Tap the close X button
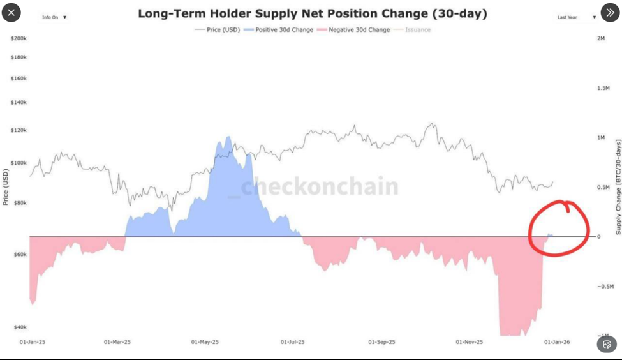click(x=12, y=12)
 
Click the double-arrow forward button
click(x=609, y=12)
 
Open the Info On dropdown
click(x=54, y=17)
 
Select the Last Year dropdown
click(x=576, y=17)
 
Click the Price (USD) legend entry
click(x=218, y=30)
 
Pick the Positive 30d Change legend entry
click(x=281, y=30)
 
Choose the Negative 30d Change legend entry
click(x=355, y=30)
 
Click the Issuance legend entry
click(x=414, y=30)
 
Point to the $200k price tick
click(x=19, y=39)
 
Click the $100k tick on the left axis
click(x=19, y=163)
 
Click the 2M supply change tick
click(x=601, y=39)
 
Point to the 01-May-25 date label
click(x=205, y=342)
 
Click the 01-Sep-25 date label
click(x=381, y=342)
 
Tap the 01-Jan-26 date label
click(x=556, y=342)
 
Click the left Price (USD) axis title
click(x=6, y=187)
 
